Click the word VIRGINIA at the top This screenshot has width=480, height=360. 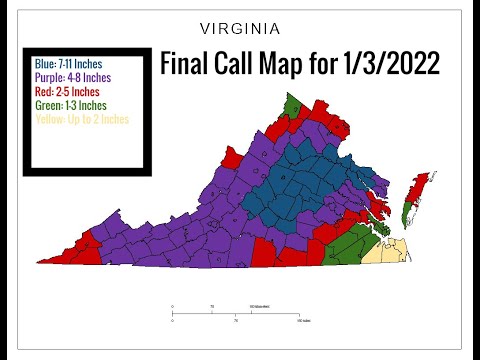(x=239, y=28)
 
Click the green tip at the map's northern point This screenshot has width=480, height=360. (x=292, y=104)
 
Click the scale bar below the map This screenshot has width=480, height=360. (x=236, y=312)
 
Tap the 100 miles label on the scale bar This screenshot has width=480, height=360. (x=300, y=321)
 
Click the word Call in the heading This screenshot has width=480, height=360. (x=241, y=64)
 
